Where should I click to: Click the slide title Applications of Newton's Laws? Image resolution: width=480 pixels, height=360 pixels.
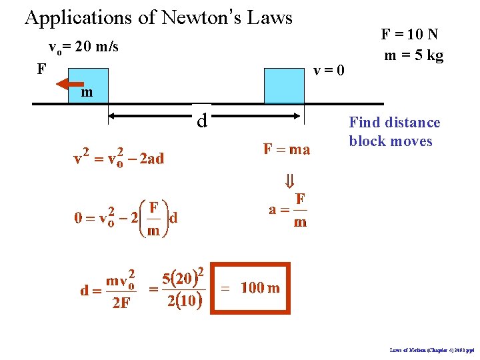click(x=159, y=17)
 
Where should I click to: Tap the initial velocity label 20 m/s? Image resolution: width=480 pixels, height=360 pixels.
click(x=83, y=47)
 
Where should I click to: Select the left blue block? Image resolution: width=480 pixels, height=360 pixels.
click(x=88, y=85)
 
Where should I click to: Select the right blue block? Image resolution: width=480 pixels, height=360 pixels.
click(x=284, y=85)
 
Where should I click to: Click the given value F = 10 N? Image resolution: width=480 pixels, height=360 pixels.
click(x=410, y=34)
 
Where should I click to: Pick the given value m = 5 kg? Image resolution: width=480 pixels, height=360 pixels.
click(x=413, y=55)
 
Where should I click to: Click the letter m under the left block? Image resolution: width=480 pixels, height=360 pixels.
click(x=87, y=93)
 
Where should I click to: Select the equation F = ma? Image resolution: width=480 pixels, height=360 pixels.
click(x=287, y=149)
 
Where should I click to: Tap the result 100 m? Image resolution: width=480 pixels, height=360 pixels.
click(x=260, y=288)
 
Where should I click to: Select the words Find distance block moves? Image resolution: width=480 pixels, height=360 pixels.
click(x=395, y=132)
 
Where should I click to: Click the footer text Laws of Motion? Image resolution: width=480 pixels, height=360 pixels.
click(x=433, y=349)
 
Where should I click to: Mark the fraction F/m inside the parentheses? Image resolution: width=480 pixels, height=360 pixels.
click(x=153, y=219)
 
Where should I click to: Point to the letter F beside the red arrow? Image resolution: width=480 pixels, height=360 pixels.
click(x=42, y=69)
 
